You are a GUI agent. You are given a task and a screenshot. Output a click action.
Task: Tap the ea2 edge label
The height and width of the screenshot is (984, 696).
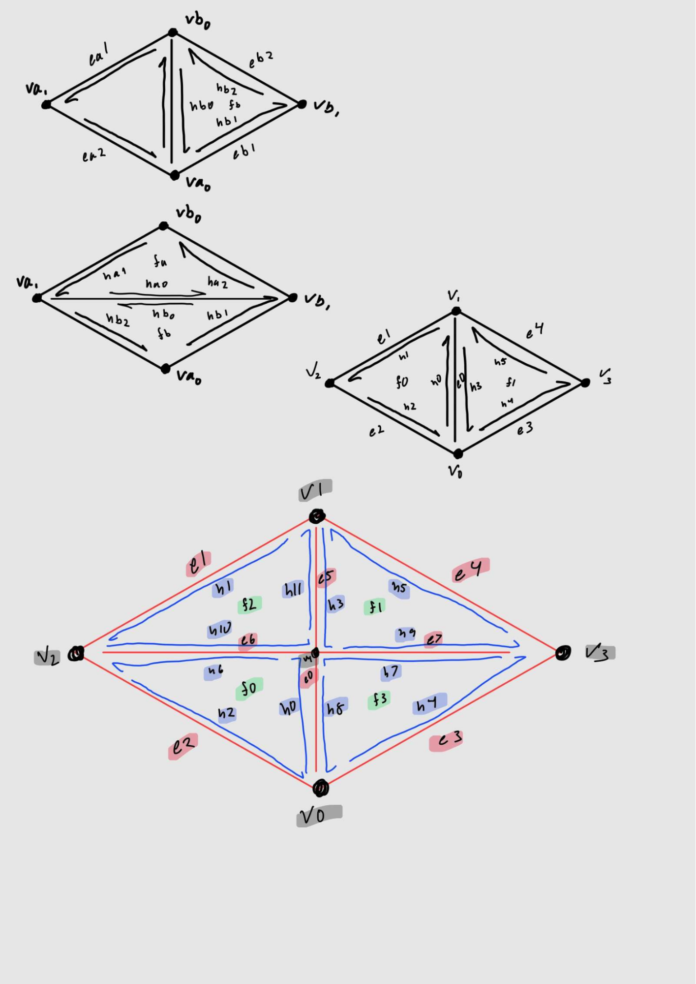click(x=93, y=155)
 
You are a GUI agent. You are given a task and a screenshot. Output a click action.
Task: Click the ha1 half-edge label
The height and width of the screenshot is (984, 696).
click(x=115, y=274)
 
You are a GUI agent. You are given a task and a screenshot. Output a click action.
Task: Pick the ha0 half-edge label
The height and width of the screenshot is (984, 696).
click(x=157, y=284)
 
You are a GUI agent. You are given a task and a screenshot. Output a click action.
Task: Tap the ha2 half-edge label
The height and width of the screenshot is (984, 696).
click(x=217, y=282)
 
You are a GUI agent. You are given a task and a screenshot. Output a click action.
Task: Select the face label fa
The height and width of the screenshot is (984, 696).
click(x=160, y=261)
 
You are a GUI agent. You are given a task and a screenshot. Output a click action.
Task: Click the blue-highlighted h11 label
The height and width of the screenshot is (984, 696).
click(x=294, y=589)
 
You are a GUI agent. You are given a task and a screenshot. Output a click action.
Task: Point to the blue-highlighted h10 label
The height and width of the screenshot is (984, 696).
click(x=219, y=630)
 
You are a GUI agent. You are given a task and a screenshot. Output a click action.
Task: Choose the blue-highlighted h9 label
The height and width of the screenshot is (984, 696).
click(x=406, y=634)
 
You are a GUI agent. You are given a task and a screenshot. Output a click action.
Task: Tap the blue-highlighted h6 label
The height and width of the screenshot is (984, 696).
click(x=215, y=670)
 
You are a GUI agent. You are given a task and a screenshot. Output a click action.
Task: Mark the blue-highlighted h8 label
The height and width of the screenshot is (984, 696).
click(x=336, y=707)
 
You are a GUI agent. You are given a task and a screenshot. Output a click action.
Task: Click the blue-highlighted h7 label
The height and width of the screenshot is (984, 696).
click(x=391, y=671)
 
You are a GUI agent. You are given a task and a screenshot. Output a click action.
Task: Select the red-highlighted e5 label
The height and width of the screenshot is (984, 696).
click(x=326, y=577)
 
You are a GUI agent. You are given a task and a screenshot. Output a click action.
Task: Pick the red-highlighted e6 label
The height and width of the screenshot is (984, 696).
click(x=248, y=640)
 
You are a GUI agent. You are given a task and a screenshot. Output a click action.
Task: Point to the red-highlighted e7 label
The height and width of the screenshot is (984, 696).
click(x=434, y=639)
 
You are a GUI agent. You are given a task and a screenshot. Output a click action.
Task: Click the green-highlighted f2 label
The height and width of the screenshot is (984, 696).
click(x=249, y=604)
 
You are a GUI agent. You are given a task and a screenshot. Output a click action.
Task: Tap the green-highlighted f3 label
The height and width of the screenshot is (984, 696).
click(x=379, y=699)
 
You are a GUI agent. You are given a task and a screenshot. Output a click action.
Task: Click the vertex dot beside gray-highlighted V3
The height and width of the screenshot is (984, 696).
click(x=563, y=653)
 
